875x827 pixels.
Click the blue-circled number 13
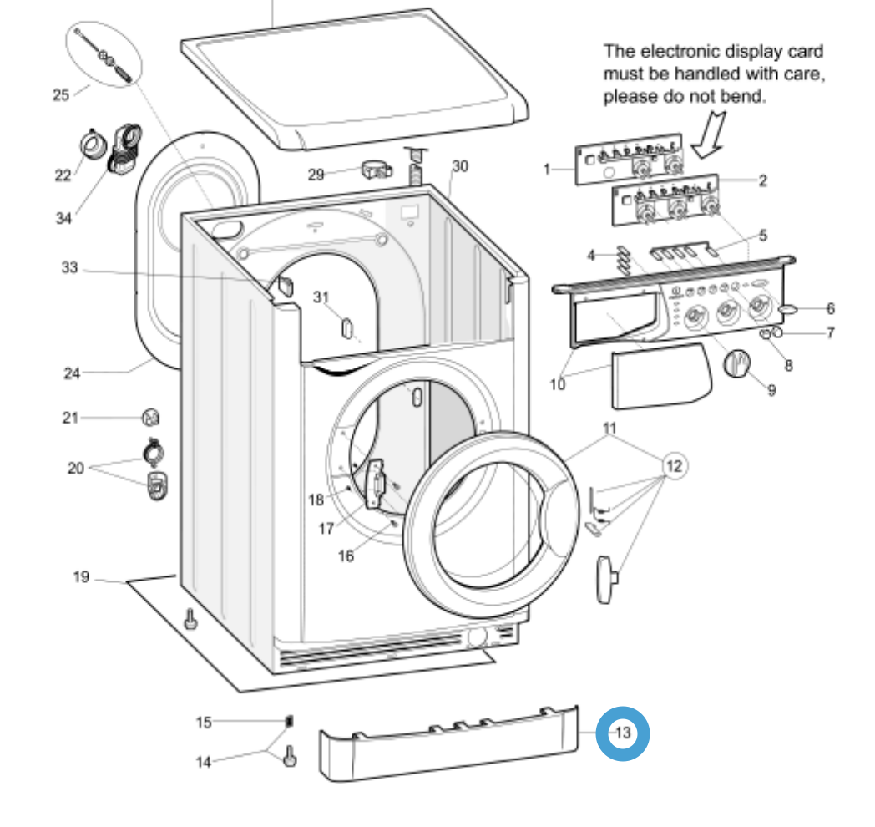pos(622,733)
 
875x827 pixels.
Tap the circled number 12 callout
pos(675,466)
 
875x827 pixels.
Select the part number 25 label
pos(61,94)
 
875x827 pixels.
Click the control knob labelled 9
pos(736,364)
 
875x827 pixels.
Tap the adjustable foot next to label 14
pos(290,757)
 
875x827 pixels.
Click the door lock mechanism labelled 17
pos(375,485)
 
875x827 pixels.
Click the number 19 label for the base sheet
pos(81,576)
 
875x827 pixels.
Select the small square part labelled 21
pos(150,417)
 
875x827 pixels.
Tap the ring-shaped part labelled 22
pos(91,145)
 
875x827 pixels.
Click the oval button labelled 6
pos(788,310)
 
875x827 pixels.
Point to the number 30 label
pos(460,166)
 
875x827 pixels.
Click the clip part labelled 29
pos(375,171)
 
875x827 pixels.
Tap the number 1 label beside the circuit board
pos(547,170)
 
